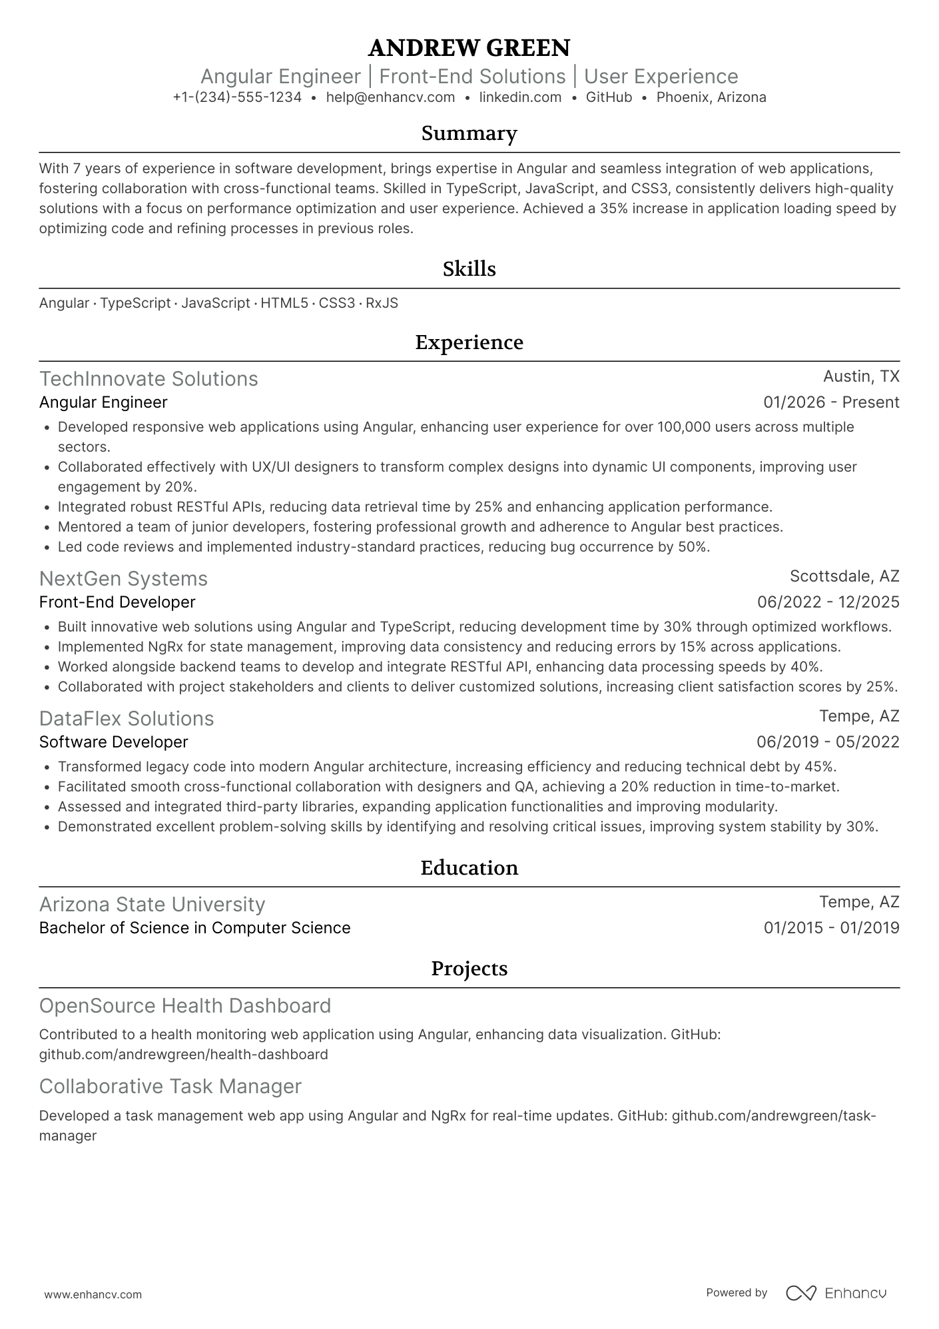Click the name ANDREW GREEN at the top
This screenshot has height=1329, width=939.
tap(469, 48)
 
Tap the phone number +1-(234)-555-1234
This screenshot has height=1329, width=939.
tap(237, 97)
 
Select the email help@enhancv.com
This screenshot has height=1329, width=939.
tap(390, 97)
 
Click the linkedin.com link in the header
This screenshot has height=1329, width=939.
tap(520, 97)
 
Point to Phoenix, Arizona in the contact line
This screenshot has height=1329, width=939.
tap(711, 97)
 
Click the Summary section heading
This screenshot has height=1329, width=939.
tap(469, 134)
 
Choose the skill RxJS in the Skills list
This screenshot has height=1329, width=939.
tap(382, 303)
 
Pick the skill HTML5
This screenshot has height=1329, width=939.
tap(284, 303)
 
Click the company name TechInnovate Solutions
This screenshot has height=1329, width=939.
tap(149, 378)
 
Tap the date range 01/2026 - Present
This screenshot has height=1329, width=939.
tap(831, 402)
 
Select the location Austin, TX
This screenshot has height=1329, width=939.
tap(861, 376)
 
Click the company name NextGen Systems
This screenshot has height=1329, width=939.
tap(123, 578)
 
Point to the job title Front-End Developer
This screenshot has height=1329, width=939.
tap(117, 602)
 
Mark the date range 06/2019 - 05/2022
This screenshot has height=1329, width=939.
tap(828, 742)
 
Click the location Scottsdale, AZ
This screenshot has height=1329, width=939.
tap(844, 576)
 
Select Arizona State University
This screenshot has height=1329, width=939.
tap(152, 904)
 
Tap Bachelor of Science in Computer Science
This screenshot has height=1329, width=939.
tap(194, 928)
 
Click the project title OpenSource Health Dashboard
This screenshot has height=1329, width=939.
tap(185, 1005)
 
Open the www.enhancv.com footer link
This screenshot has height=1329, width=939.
tap(93, 1295)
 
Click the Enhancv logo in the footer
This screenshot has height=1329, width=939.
tap(836, 1293)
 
